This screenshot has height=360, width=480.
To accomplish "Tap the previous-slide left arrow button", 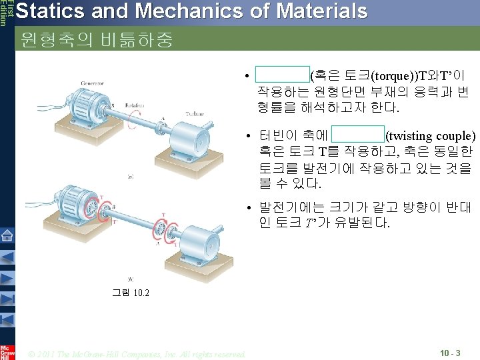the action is tap(7, 257).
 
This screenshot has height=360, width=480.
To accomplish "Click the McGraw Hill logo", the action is tap(7, 351).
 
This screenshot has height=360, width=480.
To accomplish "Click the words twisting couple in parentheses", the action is tap(431, 137).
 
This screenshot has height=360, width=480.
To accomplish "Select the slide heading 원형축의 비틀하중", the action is tap(97, 40).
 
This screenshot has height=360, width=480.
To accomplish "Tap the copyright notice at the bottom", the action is tap(137, 353).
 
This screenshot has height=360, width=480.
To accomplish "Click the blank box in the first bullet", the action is tap(282, 74).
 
